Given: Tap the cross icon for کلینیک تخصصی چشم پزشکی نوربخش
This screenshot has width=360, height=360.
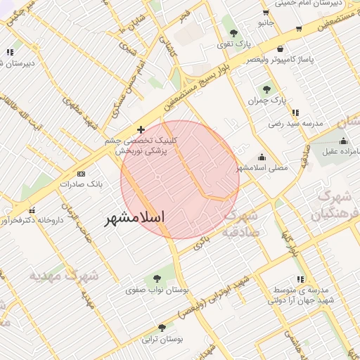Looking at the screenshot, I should (x=141, y=129).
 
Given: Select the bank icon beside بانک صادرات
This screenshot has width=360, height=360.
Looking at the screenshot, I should (x=82, y=173).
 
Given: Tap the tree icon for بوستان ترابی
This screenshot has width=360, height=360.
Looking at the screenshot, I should (x=162, y=327).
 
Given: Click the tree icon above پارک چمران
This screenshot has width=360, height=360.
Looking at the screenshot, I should (x=266, y=89).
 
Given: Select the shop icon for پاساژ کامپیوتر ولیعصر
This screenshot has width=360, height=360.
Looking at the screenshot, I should (x=281, y=49).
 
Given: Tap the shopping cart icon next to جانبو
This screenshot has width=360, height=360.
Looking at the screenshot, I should (x=264, y=12).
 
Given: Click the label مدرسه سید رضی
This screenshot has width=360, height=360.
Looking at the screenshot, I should (x=295, y=123).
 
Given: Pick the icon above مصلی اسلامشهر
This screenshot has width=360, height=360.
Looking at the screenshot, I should (x=262, y=157).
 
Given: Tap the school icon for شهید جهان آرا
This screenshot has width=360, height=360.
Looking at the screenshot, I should (x=301, y=279).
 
